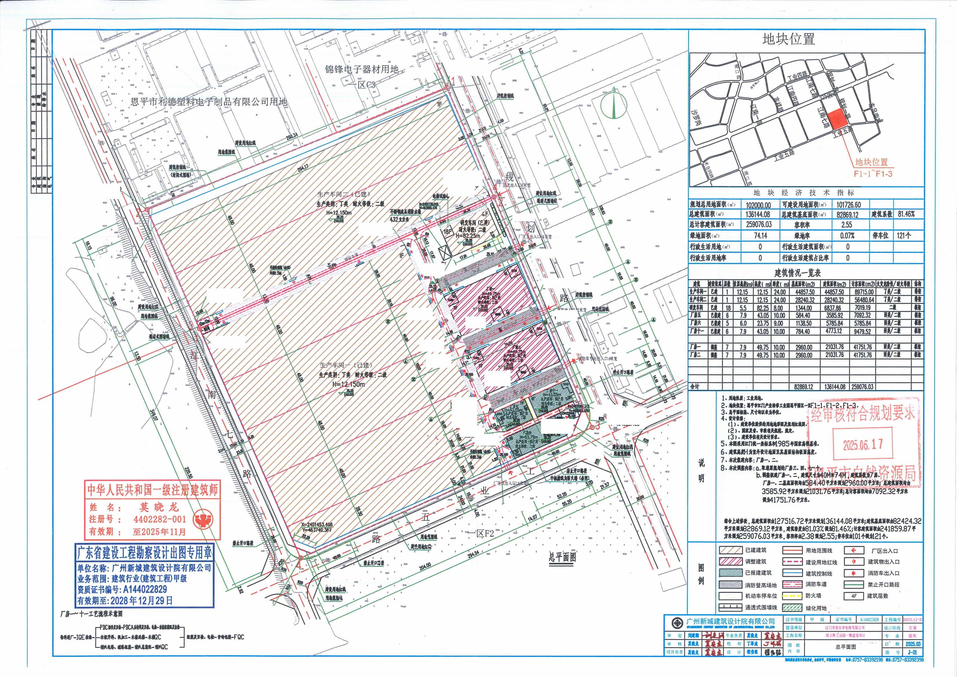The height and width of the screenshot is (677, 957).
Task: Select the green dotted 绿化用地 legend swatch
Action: click(793, 608)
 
